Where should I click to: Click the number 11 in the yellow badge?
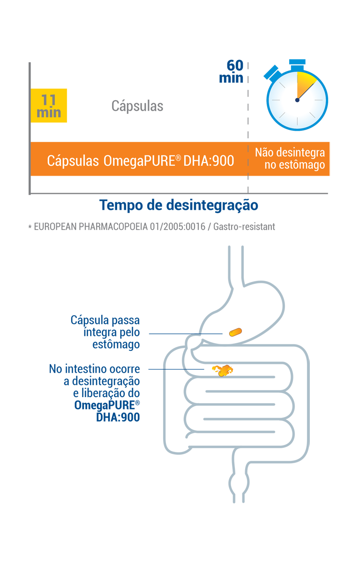49,100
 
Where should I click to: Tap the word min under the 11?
49,113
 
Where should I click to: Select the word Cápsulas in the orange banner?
73,161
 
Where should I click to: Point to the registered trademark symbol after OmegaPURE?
179,157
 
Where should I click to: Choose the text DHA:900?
209,161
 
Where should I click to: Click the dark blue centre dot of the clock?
297,100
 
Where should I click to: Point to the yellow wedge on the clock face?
305,84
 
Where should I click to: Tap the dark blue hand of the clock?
303,93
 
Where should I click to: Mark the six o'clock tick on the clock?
297,123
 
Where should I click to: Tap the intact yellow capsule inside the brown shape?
234,333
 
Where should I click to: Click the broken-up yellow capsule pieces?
224,370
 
